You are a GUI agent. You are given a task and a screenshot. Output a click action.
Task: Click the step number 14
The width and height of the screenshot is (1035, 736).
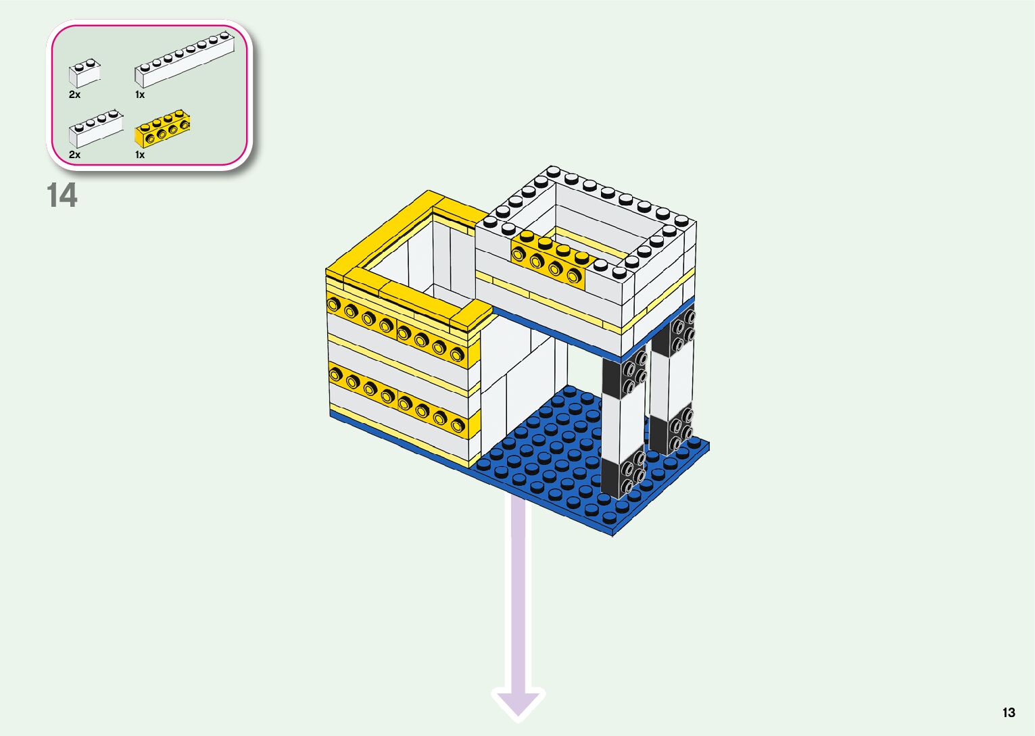coord(62,195)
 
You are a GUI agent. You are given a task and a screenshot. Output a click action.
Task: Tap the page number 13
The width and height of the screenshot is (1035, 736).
coord(1009,712)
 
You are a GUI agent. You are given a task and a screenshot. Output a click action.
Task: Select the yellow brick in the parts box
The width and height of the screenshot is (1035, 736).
coord(162,130)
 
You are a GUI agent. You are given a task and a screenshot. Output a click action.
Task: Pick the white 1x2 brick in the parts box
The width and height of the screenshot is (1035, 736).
coord(85,73)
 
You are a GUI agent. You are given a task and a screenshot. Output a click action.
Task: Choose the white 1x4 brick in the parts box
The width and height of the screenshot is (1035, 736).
coord(95,129)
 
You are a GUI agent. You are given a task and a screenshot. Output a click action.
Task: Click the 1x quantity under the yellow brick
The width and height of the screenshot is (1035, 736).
coord(140,155)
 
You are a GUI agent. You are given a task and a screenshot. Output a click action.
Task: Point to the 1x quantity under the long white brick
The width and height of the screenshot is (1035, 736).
coord(140,95)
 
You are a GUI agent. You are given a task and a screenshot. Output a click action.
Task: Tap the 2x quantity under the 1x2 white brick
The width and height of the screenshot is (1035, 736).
coord(74,95)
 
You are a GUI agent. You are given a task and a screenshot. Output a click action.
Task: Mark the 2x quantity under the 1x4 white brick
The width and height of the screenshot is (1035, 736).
coord(74,155)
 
